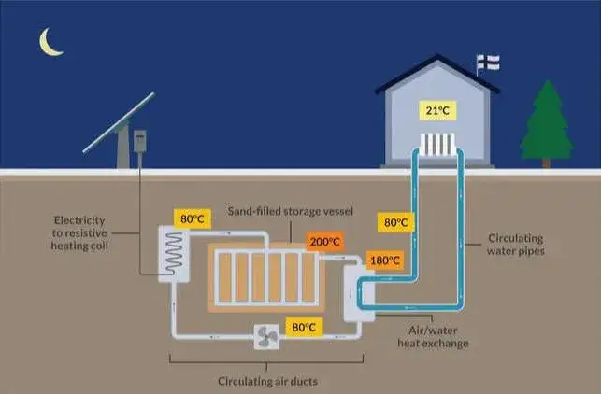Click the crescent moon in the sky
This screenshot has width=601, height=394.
click(49, 42)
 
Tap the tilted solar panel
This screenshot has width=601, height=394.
click(119, 125)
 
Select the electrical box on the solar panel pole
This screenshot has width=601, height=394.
click(141, 141)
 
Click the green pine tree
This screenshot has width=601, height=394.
click(546, 123)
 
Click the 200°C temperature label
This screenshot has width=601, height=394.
click(324, 242)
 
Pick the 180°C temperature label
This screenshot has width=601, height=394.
click(384, 259)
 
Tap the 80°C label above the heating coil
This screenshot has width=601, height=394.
click(192, 220)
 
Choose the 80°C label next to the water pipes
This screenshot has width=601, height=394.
click(395, 222)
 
